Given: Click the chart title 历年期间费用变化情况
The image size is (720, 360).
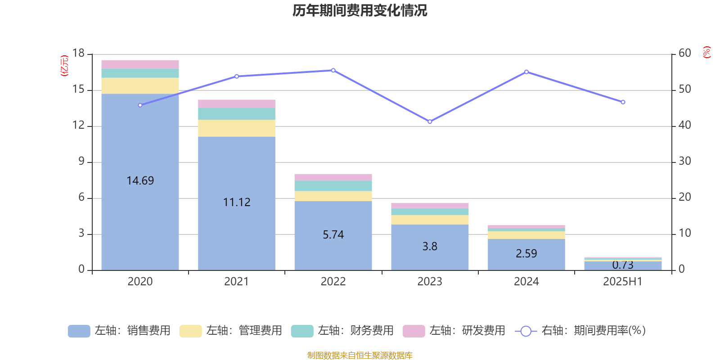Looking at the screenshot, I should (360, 10).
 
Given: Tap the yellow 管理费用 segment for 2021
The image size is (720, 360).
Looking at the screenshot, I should (237, 128).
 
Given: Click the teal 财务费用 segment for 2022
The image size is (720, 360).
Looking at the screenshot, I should (333, 186).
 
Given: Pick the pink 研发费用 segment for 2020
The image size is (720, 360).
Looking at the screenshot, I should (140, 64).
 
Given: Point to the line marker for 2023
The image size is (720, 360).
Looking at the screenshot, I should (430, 121).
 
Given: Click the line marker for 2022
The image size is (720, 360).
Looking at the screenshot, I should (333, 70).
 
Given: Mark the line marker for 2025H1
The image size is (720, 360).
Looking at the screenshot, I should (623, 102).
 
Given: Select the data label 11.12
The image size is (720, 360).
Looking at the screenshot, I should (237, 202).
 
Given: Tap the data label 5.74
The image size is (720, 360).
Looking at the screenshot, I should (333, 234).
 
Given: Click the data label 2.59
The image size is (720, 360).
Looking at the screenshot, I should (526, 253).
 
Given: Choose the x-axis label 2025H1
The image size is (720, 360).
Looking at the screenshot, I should (623, 282).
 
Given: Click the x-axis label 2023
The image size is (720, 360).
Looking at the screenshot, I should (430, 282).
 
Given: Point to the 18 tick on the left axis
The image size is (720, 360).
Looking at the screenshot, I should (78, 53).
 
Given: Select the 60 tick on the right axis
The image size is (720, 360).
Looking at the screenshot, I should (684, 53).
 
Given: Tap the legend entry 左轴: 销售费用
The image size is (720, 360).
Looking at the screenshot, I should (119, 331).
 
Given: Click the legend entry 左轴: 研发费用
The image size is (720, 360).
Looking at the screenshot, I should (454, 331).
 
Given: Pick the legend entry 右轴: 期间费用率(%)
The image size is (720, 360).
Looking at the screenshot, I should (580, 331).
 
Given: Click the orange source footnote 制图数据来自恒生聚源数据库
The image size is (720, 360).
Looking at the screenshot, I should (360, 355).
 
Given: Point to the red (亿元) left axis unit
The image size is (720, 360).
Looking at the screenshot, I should (64, 66).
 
